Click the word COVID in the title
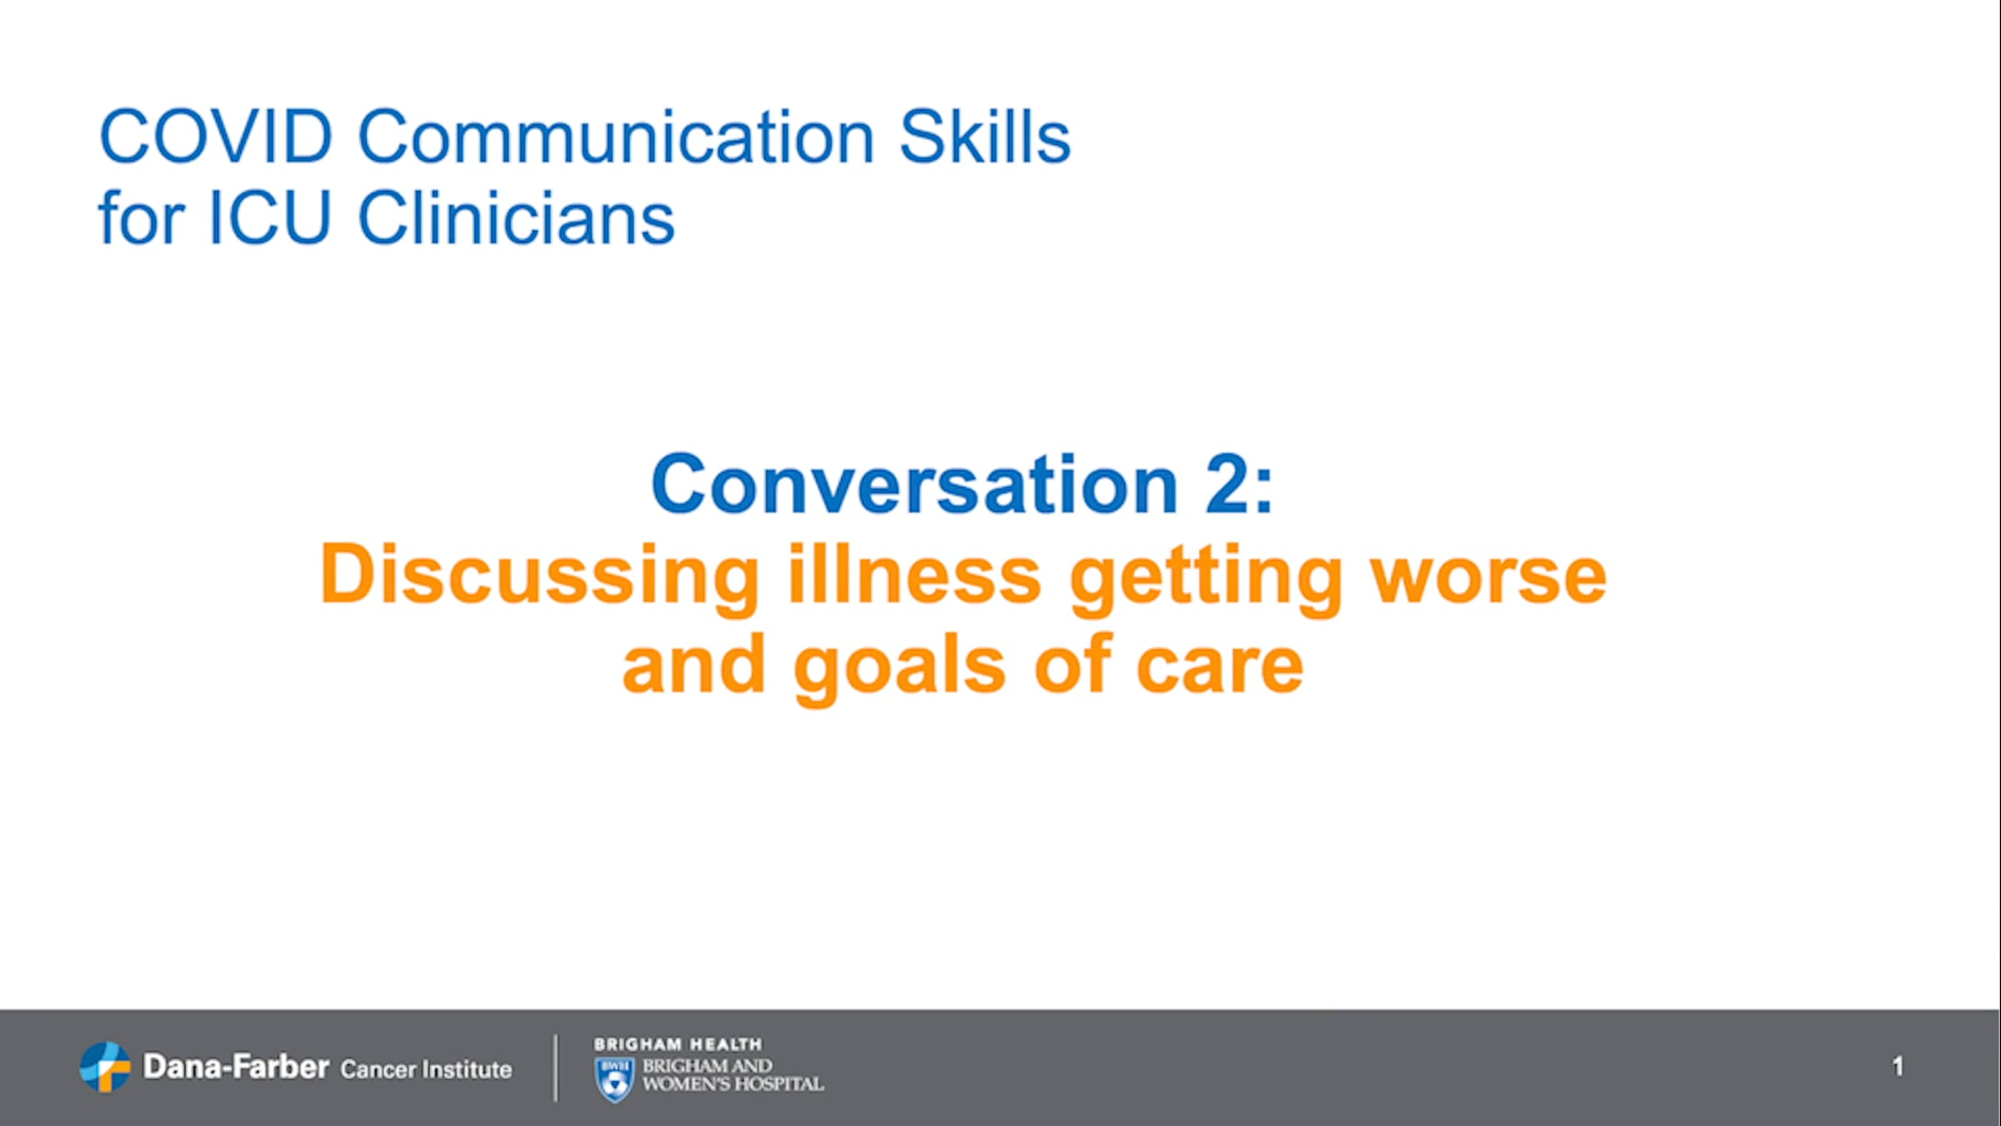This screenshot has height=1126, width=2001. (216, 136)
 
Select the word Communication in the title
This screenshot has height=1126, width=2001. (616, 136)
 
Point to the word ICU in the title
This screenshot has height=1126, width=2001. (270, 217)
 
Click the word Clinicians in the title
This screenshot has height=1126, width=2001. (516, 216)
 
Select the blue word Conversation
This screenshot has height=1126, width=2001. (915, 484)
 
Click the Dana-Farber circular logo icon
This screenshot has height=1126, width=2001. (105, 1067)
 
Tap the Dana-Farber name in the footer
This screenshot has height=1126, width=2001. (236, 1066)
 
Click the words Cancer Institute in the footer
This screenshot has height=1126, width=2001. (426, 1069)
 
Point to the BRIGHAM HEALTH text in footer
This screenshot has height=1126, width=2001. (678, 1044)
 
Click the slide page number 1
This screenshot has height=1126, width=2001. (1898, 1066)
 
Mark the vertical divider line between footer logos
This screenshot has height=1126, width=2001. (555, 1068)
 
